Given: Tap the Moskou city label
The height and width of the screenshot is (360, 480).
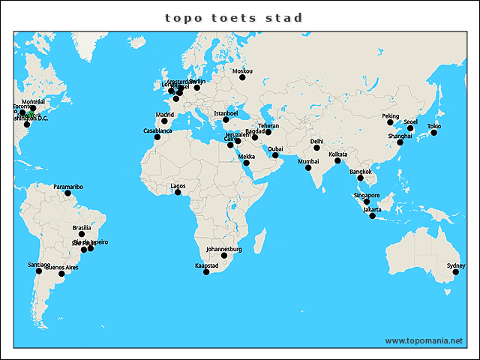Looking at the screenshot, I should tap(242, 72).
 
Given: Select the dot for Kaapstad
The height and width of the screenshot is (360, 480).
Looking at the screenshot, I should tap(207, 271).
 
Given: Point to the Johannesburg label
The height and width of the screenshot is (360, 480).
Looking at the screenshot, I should tap(223, 249).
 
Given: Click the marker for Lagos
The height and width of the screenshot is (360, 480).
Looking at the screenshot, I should tap(178, 192).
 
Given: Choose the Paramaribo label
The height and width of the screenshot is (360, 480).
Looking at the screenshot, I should tap(68, 186).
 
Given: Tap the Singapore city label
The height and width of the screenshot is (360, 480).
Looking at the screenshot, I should tap(366, 195).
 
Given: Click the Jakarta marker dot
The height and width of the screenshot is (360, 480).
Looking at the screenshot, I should tap(372, 216).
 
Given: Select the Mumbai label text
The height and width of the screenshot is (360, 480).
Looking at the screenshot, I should tap(308, 161).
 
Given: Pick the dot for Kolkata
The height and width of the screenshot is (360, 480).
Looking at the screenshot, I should tap(337, 160).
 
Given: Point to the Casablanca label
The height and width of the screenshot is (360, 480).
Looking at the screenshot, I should tap(157, 130).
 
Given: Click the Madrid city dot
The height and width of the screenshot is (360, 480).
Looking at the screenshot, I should tap(165, 121).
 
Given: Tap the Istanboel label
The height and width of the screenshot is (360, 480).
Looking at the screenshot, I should tap(226, 113).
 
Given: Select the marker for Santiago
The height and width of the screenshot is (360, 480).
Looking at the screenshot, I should tap(39, 271).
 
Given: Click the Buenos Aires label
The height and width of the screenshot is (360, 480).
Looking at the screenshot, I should tap(62, 267).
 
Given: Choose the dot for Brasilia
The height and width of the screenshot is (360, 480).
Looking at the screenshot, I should tap(82, 234).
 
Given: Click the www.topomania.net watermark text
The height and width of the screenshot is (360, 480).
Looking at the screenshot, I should tap(424, 340).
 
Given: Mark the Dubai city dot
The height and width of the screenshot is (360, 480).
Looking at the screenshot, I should tap(275, 155).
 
